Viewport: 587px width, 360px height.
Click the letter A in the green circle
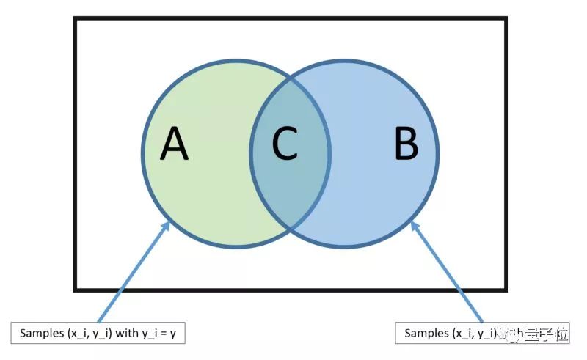(175, 144)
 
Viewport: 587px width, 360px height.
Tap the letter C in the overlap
(285, 144)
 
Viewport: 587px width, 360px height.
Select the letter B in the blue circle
(406, 144)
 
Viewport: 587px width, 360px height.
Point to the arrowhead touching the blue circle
(415, 224)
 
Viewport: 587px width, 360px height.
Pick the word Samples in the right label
(426, 334)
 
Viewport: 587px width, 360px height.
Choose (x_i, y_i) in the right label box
(473, 334)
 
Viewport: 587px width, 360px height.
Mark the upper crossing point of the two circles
(291, 77)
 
